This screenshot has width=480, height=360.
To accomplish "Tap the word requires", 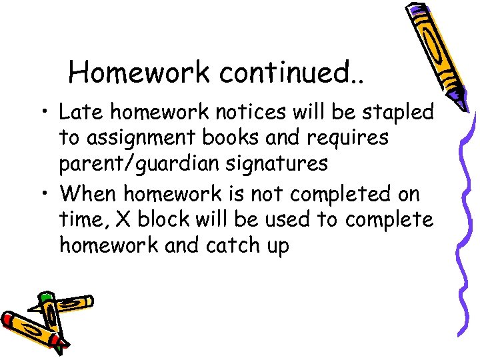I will (353, 138).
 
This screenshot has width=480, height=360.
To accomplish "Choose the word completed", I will (338, 195).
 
